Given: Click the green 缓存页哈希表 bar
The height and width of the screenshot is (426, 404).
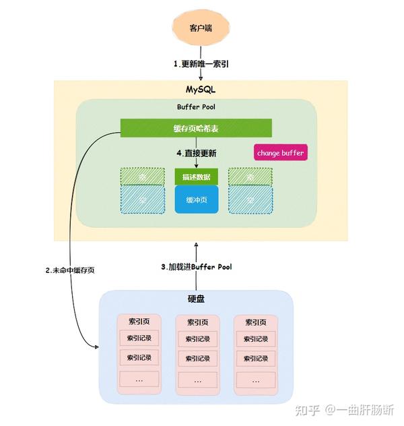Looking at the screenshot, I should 196,128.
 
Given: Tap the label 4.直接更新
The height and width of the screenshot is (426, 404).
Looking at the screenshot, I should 196,153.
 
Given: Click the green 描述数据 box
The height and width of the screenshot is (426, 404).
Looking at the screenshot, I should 196,177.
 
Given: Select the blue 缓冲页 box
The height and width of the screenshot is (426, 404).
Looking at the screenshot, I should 196,200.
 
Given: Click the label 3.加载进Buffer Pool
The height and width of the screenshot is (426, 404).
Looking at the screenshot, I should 196,267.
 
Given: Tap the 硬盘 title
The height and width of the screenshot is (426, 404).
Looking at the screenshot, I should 196,299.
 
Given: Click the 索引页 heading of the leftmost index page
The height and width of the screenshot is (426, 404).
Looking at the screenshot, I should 139,322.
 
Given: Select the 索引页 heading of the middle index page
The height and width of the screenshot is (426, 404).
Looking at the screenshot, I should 197,322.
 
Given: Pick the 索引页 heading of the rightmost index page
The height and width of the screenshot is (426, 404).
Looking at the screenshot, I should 255,322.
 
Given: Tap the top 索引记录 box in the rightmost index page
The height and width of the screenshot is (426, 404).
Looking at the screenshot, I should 255,338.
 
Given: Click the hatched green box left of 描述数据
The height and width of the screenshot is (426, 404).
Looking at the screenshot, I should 143,177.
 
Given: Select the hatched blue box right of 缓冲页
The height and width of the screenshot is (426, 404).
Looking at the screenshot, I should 250,200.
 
